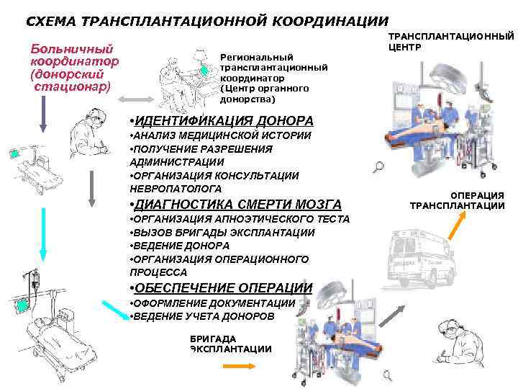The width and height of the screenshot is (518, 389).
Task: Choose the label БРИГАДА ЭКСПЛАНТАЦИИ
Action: coord(231,344)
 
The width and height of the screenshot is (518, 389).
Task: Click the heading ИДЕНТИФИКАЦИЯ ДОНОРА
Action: coord(219,120)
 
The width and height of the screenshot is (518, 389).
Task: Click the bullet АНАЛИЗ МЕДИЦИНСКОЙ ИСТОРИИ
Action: coord(219,135)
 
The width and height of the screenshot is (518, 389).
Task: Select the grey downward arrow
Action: coord(91,188)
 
